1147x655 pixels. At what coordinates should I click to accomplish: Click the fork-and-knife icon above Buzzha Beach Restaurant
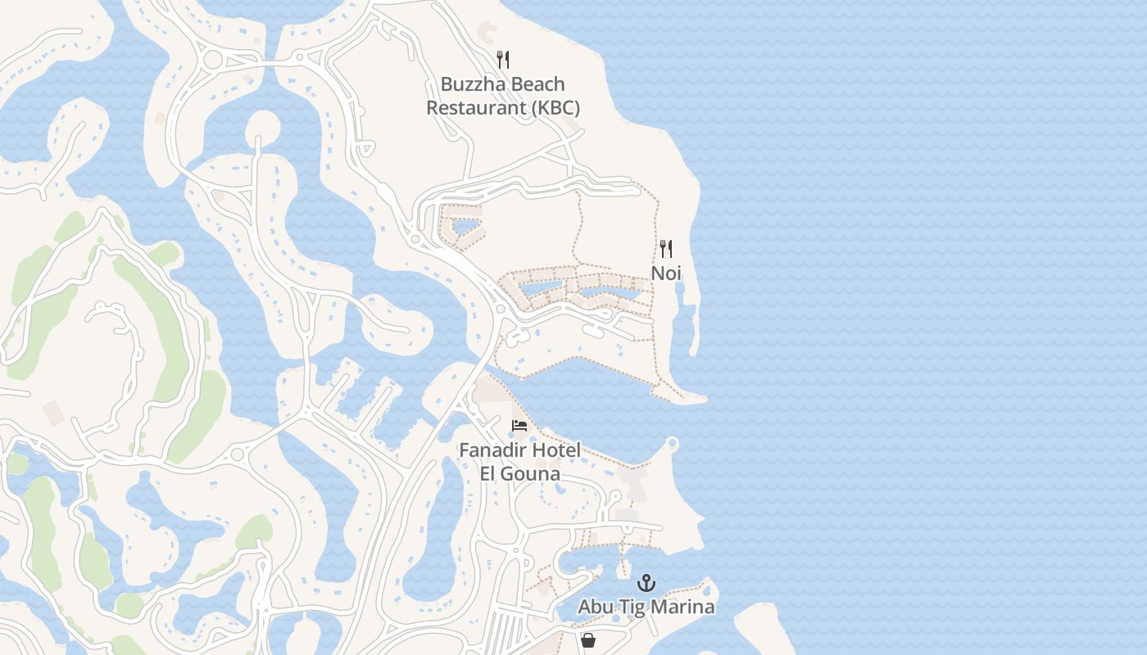[x=503, y=60]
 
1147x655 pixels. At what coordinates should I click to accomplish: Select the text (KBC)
[x=555, y=108]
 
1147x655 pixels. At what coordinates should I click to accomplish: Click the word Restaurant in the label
[x=477, y=108]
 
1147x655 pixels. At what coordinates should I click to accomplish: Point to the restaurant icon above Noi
[x=666, y=249]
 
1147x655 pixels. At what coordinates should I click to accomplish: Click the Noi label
[x=666, y=273]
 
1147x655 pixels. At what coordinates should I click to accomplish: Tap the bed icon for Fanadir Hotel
[x=519, y=426]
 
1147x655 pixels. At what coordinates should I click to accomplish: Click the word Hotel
[x=556, y=450]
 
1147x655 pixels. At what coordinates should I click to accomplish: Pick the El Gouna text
[x=519, y=474]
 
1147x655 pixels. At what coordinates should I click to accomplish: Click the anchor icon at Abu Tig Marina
[x=646, y=583]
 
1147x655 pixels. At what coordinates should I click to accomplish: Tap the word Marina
[x=684, y=607]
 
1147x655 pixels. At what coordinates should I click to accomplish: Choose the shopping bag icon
[x=588, y=640]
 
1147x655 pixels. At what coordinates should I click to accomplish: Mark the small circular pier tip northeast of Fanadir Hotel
[x=673, y=444]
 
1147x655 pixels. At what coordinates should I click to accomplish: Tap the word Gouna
[x=532, y=474]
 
